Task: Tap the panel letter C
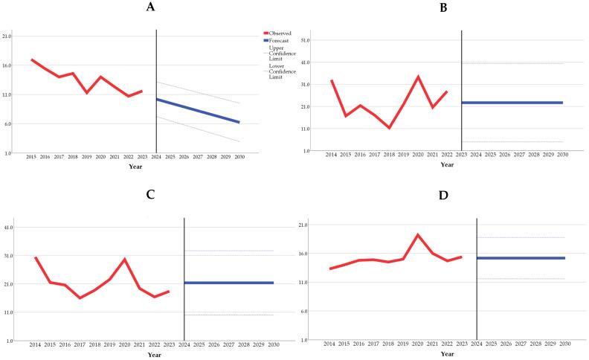[x=150, y=194]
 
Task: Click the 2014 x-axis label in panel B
[x=331, y=155]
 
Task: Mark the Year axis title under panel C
[x=154, y=356]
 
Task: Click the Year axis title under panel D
[x=447, y=354]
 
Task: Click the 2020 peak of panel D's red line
[x=418, y=235]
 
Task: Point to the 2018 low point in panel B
[x=388, y=128]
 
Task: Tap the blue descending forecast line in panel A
[x=198, y=111]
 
